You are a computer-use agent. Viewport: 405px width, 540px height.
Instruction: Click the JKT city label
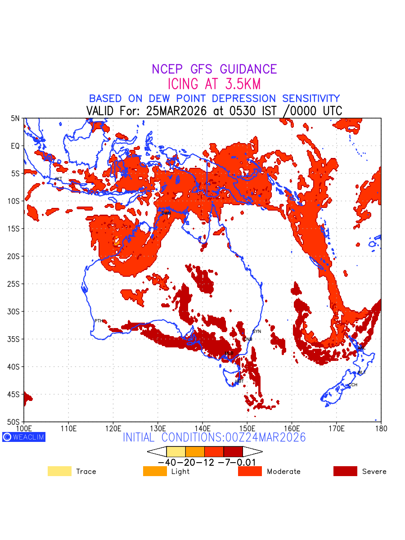pyautogui.click(x=58, y=179)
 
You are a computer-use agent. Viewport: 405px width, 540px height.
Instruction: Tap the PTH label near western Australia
pyautogui.click(x=99, y=321)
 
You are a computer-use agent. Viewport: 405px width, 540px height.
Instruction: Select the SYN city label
pyautogui.click(x=257, y=332)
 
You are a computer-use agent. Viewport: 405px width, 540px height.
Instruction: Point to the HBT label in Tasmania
pyautogui.click(x=239, y=381)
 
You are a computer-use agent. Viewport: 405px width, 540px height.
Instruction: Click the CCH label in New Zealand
pyautogui.click(x=353, y=385)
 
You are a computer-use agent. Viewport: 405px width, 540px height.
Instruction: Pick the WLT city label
pyautogui.click(x=362, y=373)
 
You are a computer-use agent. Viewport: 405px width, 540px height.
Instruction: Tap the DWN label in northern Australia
pyautogui.click(x=166, y=213)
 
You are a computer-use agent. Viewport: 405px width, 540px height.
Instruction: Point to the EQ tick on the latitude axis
pyautogui.click(x=16, y=146)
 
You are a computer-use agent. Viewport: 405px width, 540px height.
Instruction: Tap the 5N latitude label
pyautogui.click(x=16, y=118)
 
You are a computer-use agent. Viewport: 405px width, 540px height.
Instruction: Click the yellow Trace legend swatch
pyautogui.click(x=59, y=471)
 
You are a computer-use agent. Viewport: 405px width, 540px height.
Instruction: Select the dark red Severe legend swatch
pyautogui.click(x=345, y=471)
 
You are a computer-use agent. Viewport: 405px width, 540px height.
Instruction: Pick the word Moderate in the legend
pyautogui.click(x=283, y=472)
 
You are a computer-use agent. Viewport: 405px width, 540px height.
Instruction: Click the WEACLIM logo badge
pyautogui.click(x=24, y=437)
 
